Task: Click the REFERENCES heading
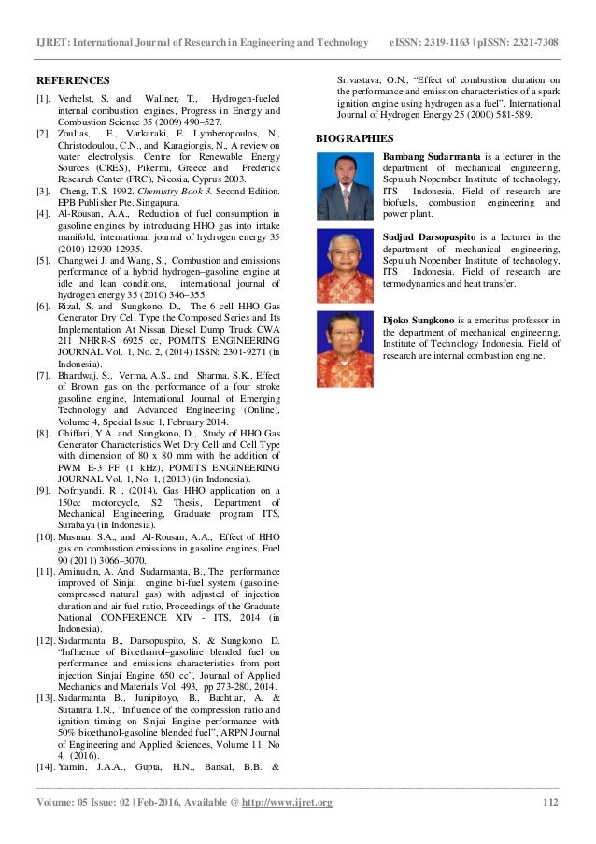73,80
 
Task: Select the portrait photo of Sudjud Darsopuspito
345,265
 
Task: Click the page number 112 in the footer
550,803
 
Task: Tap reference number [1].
43,99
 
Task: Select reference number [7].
43,376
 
